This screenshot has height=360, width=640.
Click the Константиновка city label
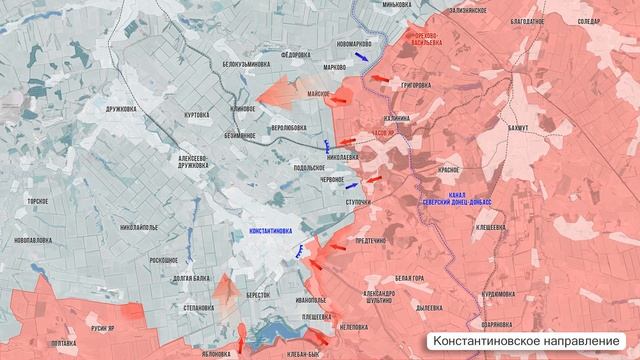264,231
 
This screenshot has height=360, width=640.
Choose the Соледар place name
589,20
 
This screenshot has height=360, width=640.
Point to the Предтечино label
371,240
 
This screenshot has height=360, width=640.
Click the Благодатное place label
525,19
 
